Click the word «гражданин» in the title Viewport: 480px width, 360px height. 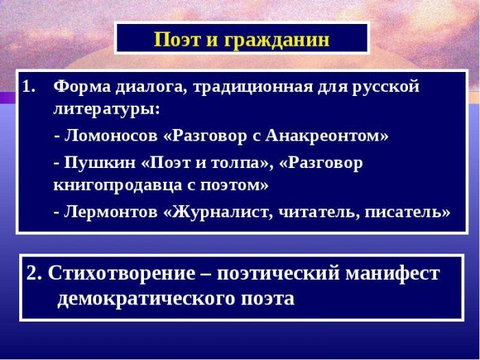tap(276, 40)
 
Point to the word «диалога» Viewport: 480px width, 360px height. tap(151, 88)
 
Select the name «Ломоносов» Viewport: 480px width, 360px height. tap(111, 136)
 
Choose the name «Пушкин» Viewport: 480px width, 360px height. tap(100, 163)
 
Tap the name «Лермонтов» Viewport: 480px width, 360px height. tap(111, 212)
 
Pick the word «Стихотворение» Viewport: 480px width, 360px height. tap(121, 274)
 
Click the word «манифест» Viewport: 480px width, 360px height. tap(393, 273)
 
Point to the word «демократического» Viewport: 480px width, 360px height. tap(147, 298)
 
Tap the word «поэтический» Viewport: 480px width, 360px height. tap(278, 274)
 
